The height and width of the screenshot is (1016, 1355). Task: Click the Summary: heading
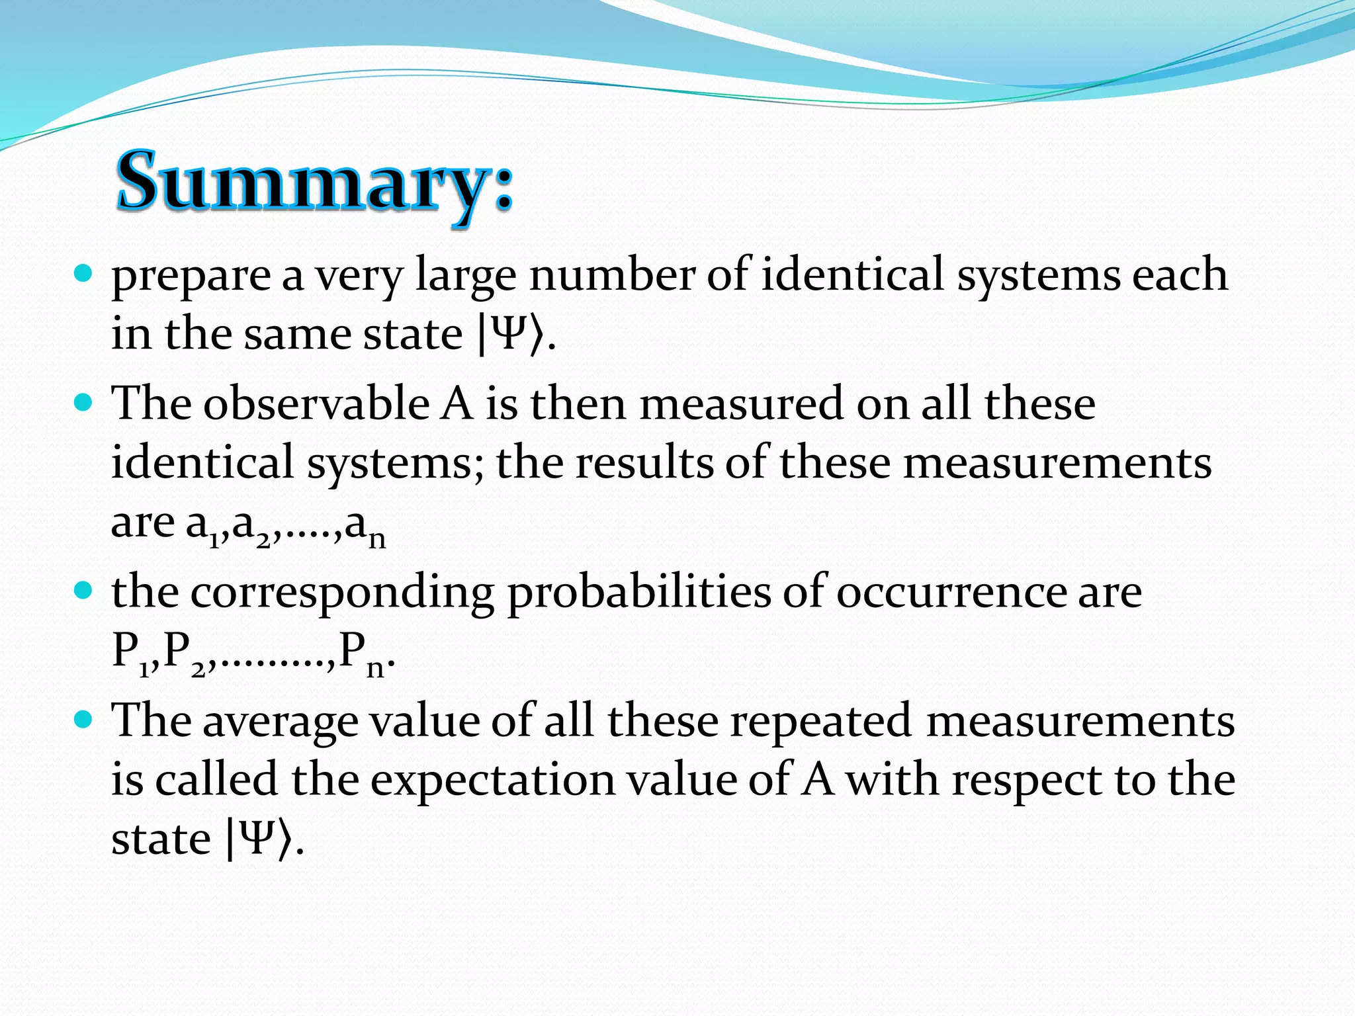click(314, 180)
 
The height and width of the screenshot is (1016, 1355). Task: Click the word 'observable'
click(316, 403)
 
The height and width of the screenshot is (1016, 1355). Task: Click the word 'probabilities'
click(639, 592)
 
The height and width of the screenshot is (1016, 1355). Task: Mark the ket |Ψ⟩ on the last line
click(259, 839)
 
